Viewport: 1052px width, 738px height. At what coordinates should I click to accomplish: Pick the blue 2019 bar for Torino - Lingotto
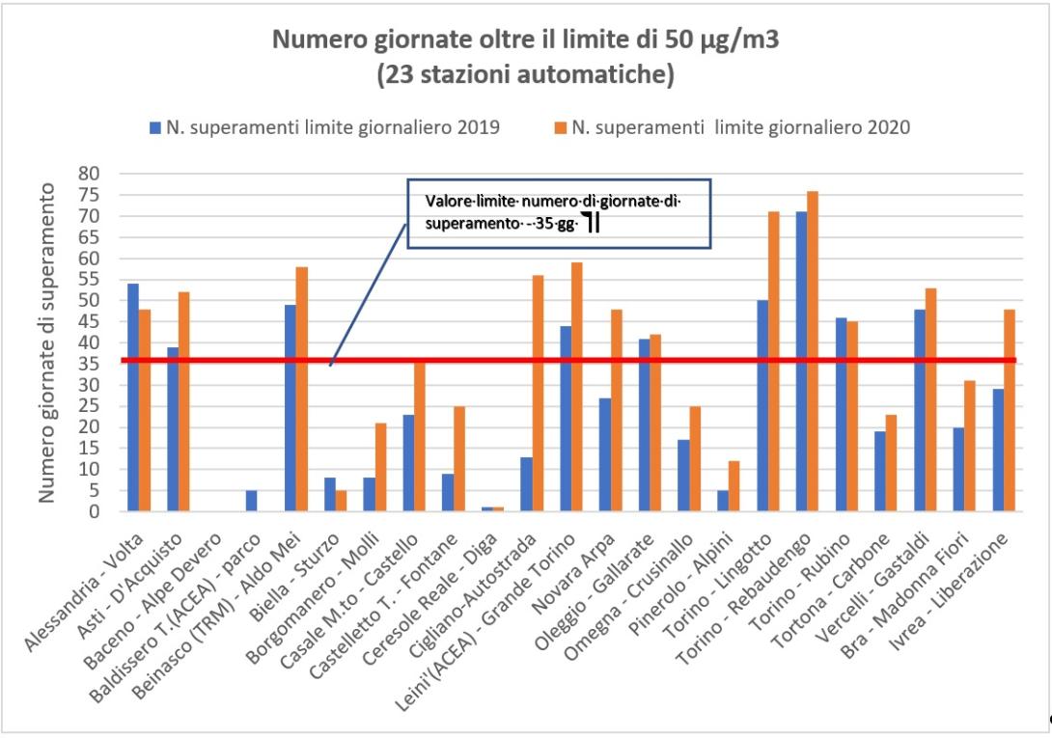(x=762, y=406)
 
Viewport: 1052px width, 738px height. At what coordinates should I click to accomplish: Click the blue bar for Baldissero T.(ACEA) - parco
(x=251, y=502)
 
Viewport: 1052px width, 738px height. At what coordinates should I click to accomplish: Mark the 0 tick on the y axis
(x=96, y=512)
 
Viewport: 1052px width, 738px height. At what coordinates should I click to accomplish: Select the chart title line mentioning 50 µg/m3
(x=525, y=41)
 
